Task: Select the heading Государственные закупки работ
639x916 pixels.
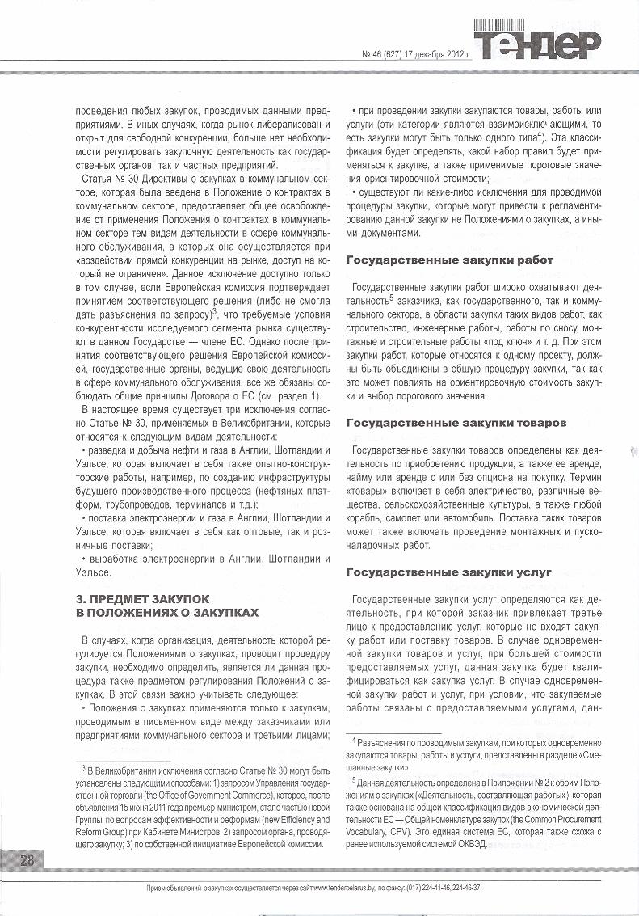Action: click(x=450, y=260)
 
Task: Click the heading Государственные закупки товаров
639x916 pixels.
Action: click(x=456, y=423)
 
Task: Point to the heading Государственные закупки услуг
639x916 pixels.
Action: click(x=448, y=572)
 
